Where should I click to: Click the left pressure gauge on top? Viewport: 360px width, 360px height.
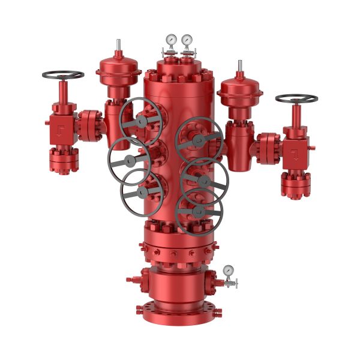172,40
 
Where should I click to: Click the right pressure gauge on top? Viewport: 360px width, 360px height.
187,40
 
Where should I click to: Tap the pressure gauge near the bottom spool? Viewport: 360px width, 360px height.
228,271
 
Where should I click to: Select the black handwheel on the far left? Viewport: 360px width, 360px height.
63,75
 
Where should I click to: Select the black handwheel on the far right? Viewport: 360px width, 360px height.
296,98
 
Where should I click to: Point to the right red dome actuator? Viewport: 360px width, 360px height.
240,90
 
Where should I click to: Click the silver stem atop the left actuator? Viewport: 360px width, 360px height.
118,45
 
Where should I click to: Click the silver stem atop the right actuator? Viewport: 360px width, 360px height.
240,65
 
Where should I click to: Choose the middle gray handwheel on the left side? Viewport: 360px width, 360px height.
128,160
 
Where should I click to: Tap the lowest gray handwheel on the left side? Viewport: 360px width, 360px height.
142,192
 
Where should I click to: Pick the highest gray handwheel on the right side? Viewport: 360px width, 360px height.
199,140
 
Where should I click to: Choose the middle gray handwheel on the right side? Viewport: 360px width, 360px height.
205,179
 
